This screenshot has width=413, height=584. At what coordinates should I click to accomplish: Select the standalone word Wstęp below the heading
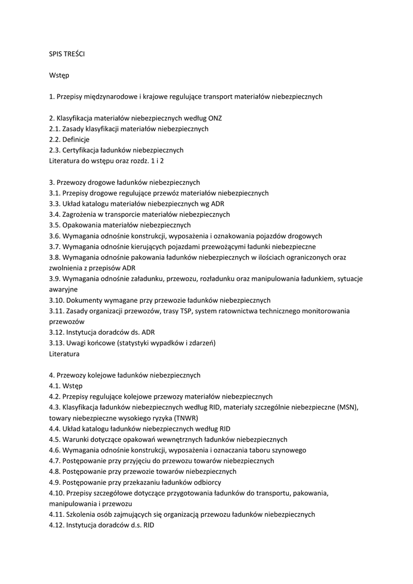pyautogui.click(x=59, y=75)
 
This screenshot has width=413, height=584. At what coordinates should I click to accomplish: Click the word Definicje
pyautogui.click(x=76, y=139)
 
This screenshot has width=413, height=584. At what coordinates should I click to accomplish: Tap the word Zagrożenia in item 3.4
pyautogui.click(x=81, y=214)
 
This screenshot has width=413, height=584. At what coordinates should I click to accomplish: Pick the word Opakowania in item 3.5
pyautogui.click(x=82, y=225)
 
